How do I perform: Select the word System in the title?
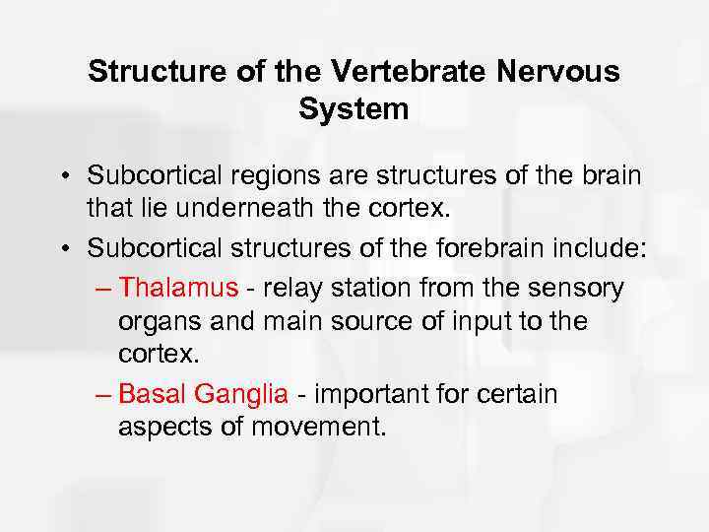click(354, 108)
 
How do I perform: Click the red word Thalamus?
click(178, 288)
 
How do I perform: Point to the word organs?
click(154, 322)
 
